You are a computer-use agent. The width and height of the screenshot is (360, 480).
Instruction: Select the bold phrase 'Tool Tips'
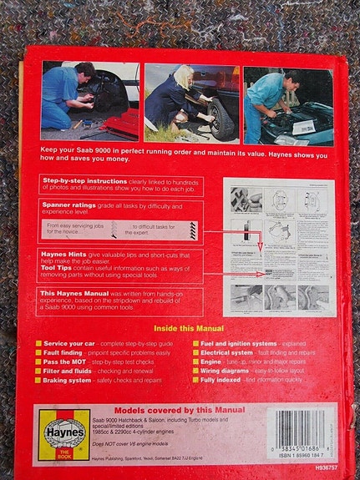(55, 265)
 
